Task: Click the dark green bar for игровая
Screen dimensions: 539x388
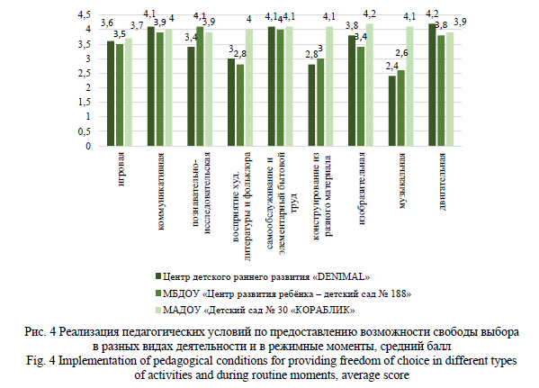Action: [111, 94]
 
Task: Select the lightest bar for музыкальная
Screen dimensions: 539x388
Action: [409, 86]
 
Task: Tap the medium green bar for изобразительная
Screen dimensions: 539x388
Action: [361, 96]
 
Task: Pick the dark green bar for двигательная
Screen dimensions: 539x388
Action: [432, 85]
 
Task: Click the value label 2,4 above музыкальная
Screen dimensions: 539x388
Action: [391, 66]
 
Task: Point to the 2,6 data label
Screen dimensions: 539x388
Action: [401, 52]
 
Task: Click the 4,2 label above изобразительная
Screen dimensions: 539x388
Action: [370, 14]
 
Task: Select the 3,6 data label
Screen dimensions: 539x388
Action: [107, 23]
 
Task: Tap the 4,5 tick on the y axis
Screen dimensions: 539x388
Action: [85, 14]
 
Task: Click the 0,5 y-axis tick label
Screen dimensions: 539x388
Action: [85, 131]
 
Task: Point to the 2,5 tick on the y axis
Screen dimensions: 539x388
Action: [85, 73]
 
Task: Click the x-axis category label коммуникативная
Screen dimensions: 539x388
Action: [161, 191]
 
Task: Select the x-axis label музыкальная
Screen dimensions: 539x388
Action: [402, 181]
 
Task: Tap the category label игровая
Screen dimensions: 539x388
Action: [121, 169]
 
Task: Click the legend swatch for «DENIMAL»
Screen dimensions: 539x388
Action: [158, 275]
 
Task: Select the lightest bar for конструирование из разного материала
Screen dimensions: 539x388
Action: [329, 86]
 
